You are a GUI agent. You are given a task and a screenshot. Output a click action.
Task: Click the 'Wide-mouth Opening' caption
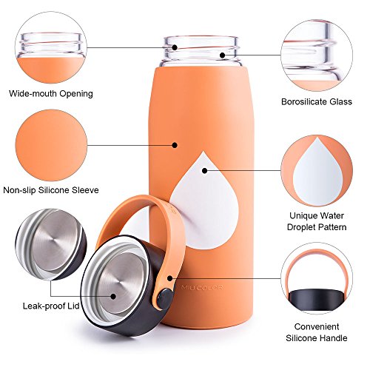[51, 94]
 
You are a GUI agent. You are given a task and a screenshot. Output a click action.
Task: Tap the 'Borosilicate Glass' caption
[317, 101]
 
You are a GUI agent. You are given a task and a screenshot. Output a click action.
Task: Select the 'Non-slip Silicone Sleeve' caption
[51, 190]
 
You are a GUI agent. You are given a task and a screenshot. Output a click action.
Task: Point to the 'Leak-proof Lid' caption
[51, 306]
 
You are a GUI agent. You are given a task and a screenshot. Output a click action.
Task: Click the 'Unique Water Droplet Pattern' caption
[317, 221]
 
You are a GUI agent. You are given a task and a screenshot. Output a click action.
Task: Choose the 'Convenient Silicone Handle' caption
[317, 332]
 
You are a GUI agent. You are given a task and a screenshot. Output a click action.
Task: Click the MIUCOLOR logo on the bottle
[202, 287]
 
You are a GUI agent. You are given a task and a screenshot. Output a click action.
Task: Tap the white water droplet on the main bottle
[204, 202]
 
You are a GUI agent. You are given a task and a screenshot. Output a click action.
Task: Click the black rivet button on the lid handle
[165, 299]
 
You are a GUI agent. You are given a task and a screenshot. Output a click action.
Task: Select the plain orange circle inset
[51, 145]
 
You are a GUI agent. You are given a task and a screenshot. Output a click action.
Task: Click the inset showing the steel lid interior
[51, 244]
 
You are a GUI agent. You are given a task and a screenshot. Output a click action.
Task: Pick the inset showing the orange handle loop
[317, 278]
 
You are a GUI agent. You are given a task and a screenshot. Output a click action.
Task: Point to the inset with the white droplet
[317, 171]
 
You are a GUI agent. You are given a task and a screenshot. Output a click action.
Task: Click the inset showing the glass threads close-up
[317, 55]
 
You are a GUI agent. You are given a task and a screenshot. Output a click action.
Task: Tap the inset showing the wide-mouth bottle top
[51, 47]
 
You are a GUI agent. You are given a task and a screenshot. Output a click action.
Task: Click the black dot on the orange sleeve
[175, 145]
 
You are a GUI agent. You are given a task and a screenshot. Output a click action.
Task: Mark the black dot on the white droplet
[204, 170]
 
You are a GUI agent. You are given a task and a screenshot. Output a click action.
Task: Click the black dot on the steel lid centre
[113, 296]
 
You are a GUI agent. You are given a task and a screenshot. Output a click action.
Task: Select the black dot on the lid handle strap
[169, 278]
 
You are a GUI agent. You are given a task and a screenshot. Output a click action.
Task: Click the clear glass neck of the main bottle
[201, 51]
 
